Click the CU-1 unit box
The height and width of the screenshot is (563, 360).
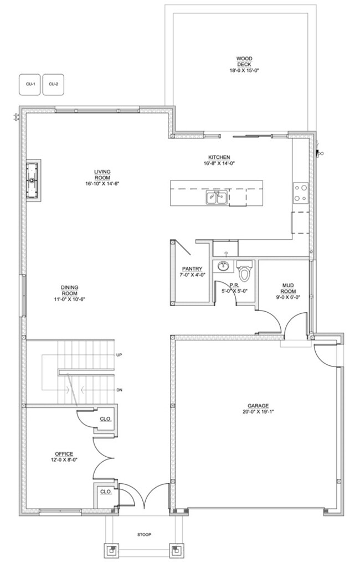click(x=30, y=84)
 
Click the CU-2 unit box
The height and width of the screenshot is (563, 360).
click(x=53, y=84)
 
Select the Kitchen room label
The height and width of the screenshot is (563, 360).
click(x=219, y=157)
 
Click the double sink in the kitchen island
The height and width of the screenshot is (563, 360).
click(x=217, y=198)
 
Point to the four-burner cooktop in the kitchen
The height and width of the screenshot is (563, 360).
click(x=300, y=193)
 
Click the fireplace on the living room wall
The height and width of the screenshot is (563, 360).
click(x=33, y=180)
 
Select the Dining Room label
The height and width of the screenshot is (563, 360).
click(x=69, y=290)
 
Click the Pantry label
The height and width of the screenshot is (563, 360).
click(x=192, y=268)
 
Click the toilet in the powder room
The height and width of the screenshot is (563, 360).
click(x=245, y=271)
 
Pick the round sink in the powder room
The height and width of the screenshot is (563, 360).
click(x=223, y=266)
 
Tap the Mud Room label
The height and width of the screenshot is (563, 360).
click(x=288, y=288)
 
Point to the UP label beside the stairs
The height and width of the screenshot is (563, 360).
click(x=119, y=355)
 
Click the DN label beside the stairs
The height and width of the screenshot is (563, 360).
click(x=119, y=390)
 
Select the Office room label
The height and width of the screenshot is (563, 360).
click(x=64, y=454)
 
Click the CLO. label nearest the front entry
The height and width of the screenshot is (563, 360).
click(x=106, y=492)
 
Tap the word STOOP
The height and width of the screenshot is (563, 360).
click(x=144, y=535)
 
